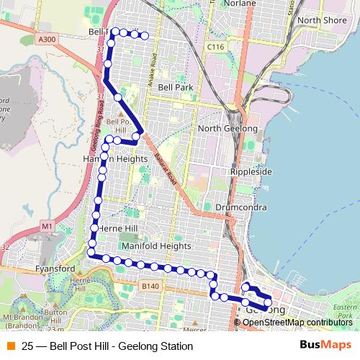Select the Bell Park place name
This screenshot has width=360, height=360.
176,87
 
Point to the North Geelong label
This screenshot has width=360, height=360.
228,128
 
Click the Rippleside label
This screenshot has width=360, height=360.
251,172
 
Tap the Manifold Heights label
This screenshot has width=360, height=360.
157,246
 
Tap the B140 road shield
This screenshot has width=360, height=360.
150,287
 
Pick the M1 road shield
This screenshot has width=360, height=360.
48,227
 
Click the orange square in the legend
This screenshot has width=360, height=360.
12,346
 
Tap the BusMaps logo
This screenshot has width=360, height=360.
325,346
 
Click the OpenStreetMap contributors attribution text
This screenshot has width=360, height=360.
297,323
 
